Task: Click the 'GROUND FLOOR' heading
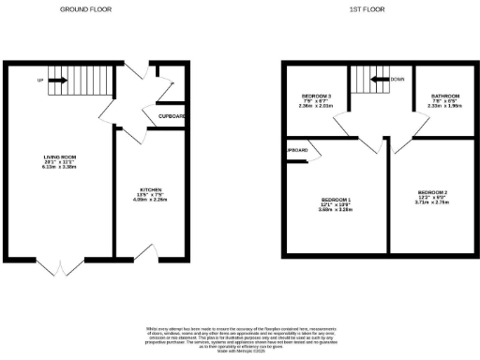[87, 9]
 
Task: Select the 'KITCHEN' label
[139, 189]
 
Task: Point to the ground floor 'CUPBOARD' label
[171, 116]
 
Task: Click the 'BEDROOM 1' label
[335, 201]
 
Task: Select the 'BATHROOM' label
[443, 97]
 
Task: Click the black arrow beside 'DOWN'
[380, 81]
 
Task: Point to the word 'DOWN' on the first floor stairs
[399, 81]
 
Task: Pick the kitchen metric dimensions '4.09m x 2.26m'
[139, 201]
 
